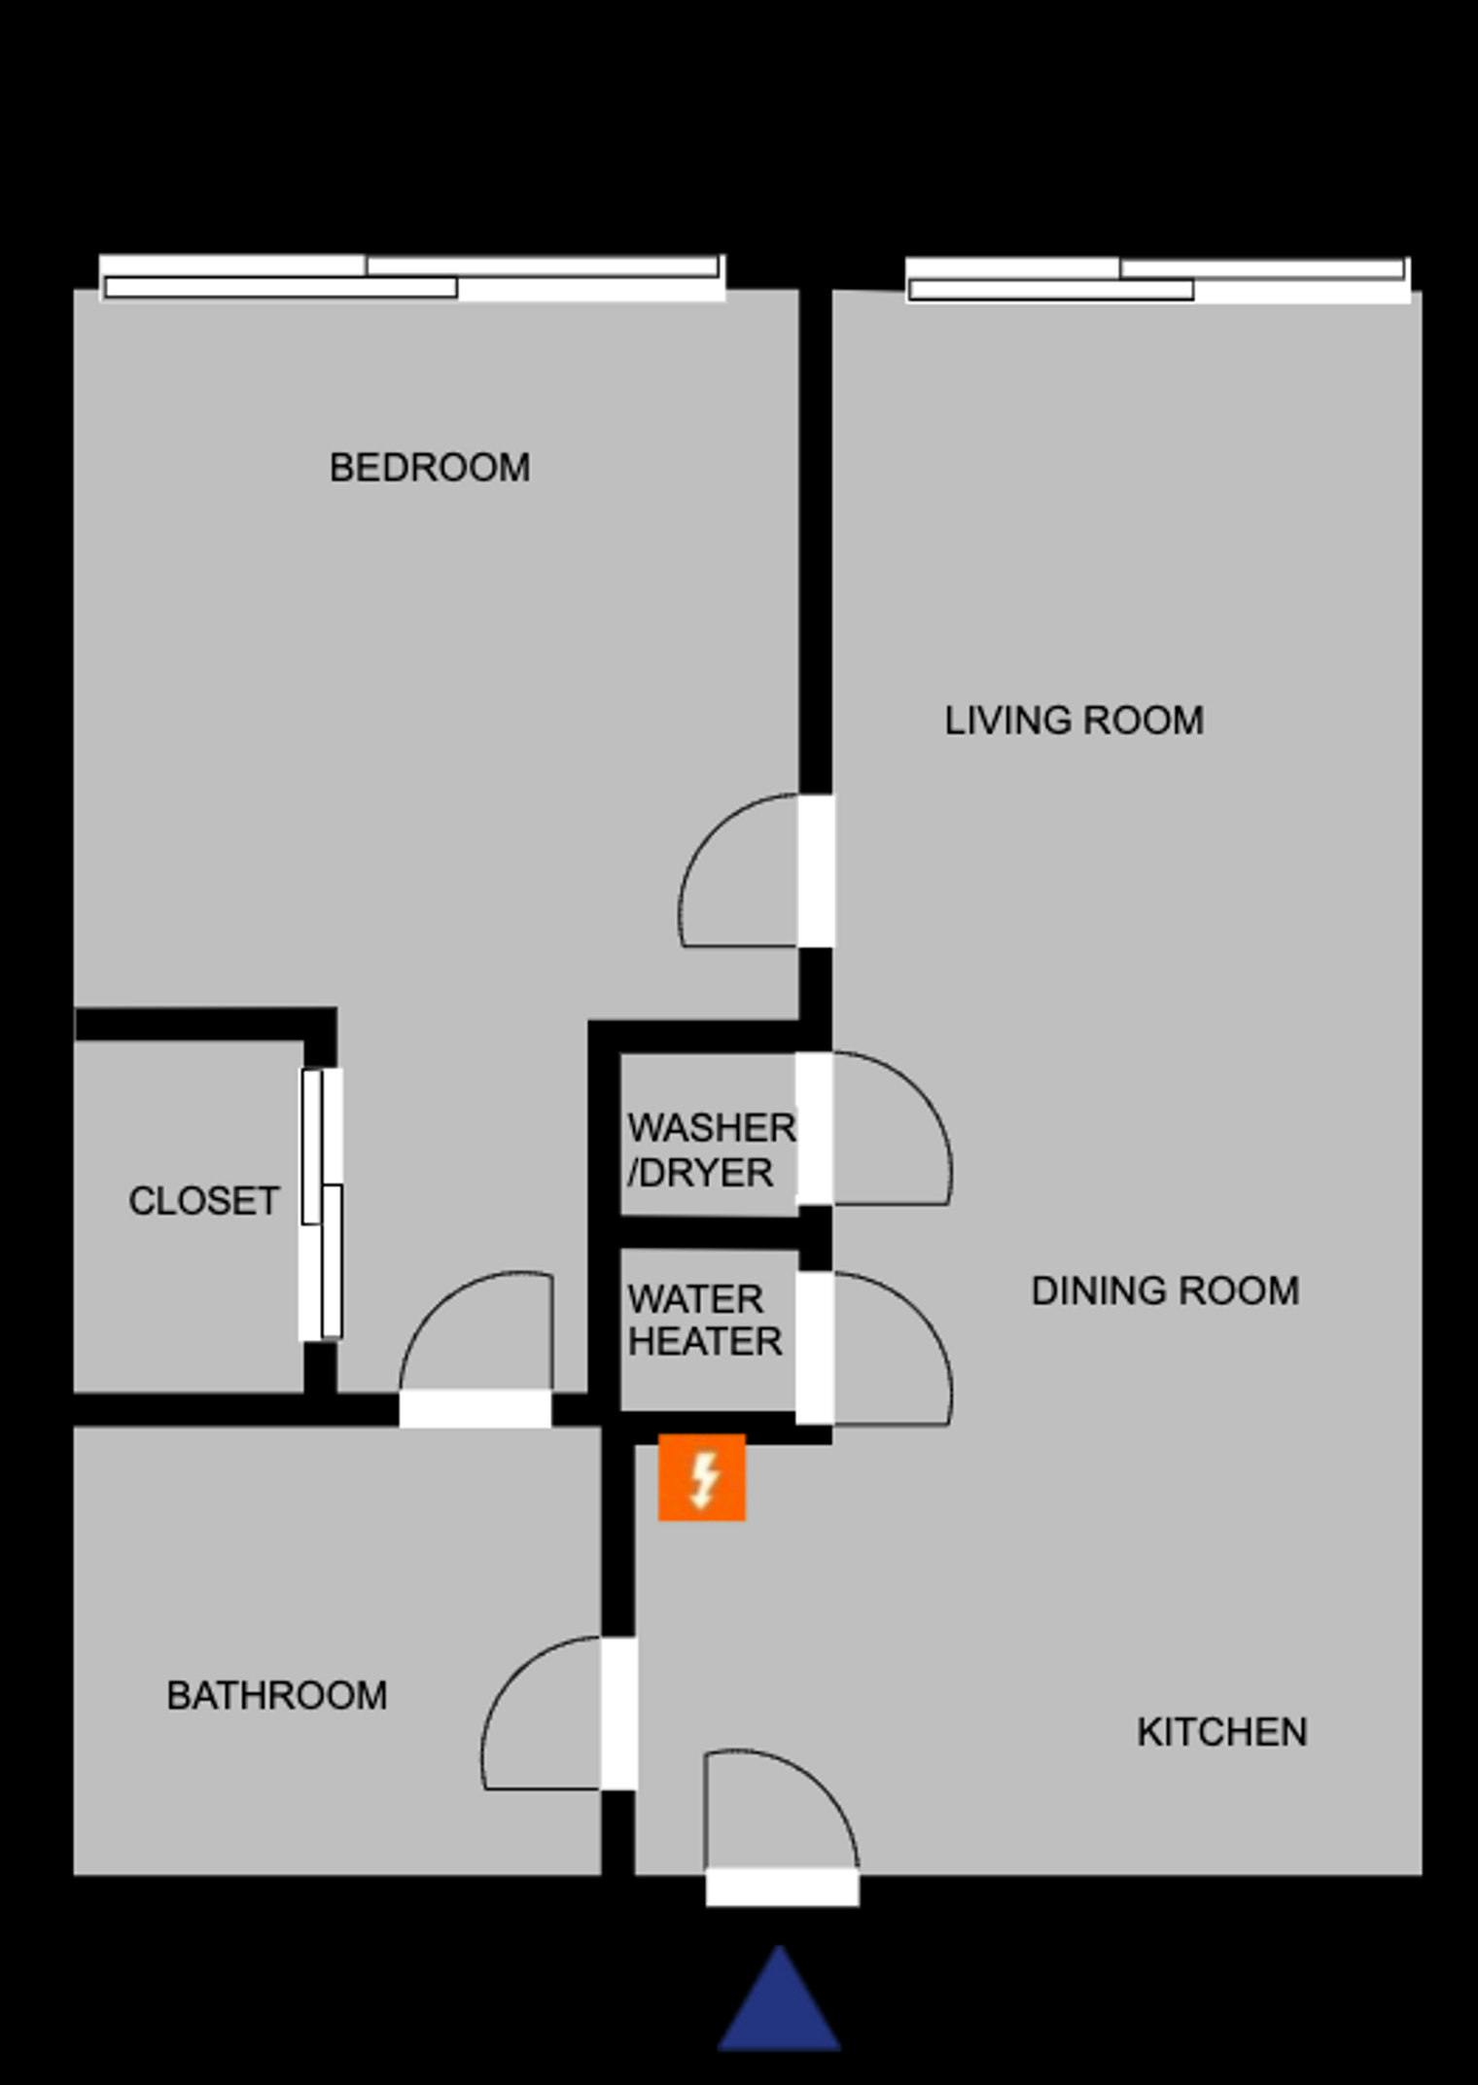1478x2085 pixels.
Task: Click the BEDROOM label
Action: point(430,468)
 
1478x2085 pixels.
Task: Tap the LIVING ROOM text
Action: point(1074,721)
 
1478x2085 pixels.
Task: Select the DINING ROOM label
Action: point(1165,1290)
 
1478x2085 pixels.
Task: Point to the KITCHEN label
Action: point(1222,1732)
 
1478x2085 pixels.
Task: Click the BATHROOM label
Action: point(277,1695)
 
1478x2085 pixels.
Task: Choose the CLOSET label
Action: point(204,1201)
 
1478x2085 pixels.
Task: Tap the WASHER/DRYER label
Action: point(711,1150)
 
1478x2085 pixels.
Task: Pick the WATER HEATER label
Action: point(705,1321)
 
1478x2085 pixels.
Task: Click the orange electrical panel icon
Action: point(702,1477)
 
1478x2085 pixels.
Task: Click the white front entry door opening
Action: point(783,1887)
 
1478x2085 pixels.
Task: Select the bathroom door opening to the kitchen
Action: point(618,1713)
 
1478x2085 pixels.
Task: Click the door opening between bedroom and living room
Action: point(816,870)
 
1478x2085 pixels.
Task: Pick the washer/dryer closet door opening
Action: point(815,1129)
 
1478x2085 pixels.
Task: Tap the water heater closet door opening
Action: point(815,1348)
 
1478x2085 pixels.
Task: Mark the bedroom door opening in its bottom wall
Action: point(475,1409)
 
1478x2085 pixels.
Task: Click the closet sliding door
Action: point(321,1204)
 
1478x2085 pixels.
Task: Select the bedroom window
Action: point(412,278)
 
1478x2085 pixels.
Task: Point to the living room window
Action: point(1158,280)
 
